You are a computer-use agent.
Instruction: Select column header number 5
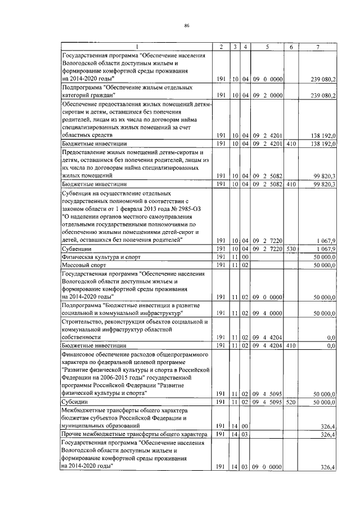(267, 47)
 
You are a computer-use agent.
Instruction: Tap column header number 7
(318, 47)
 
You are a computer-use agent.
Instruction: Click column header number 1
(136, 47)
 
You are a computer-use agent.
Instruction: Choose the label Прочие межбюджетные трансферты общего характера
(130, 434)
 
